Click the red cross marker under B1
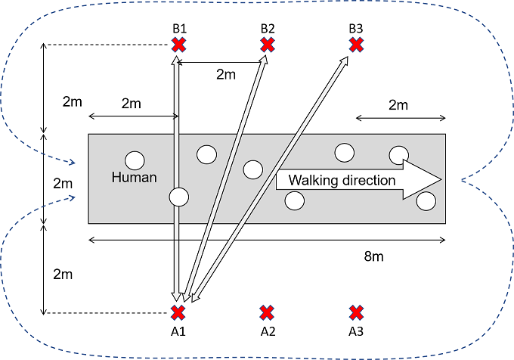coord(178,45)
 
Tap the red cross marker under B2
coord(267,45)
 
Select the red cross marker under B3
coord(356,45)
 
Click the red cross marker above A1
coord(178,312)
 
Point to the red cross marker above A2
coord(267,312)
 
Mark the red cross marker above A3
coord(356,312)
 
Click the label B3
coord(356,29)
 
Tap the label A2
coord(268,331)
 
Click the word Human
coord(134,178)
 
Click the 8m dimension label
coord(373,256)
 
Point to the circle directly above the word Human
coord(135,160)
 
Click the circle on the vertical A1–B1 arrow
coord(178,197)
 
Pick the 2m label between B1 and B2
coord(225,74)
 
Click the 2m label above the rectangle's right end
coord(398,104)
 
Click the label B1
coord(178,29)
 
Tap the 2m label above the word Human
coord(132,103)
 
